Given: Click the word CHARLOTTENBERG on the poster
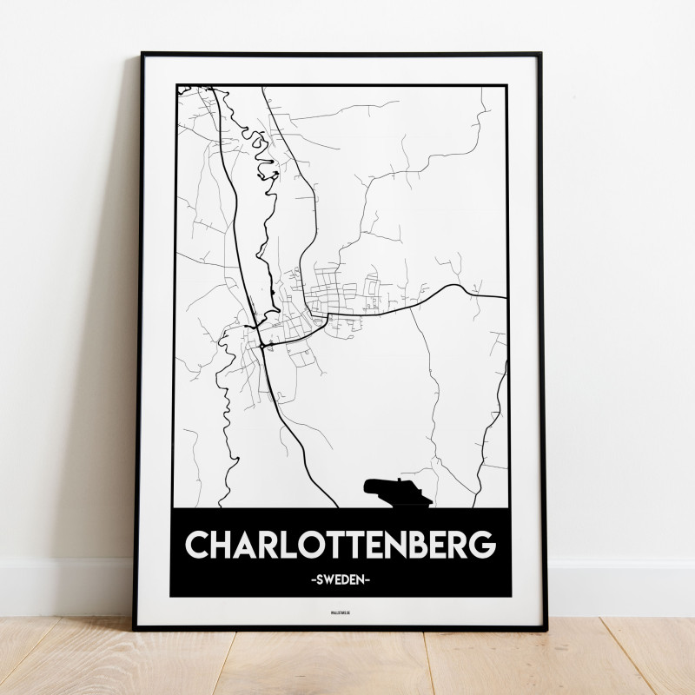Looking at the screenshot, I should coord(341,544).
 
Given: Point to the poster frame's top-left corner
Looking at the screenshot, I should coord(140,54).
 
